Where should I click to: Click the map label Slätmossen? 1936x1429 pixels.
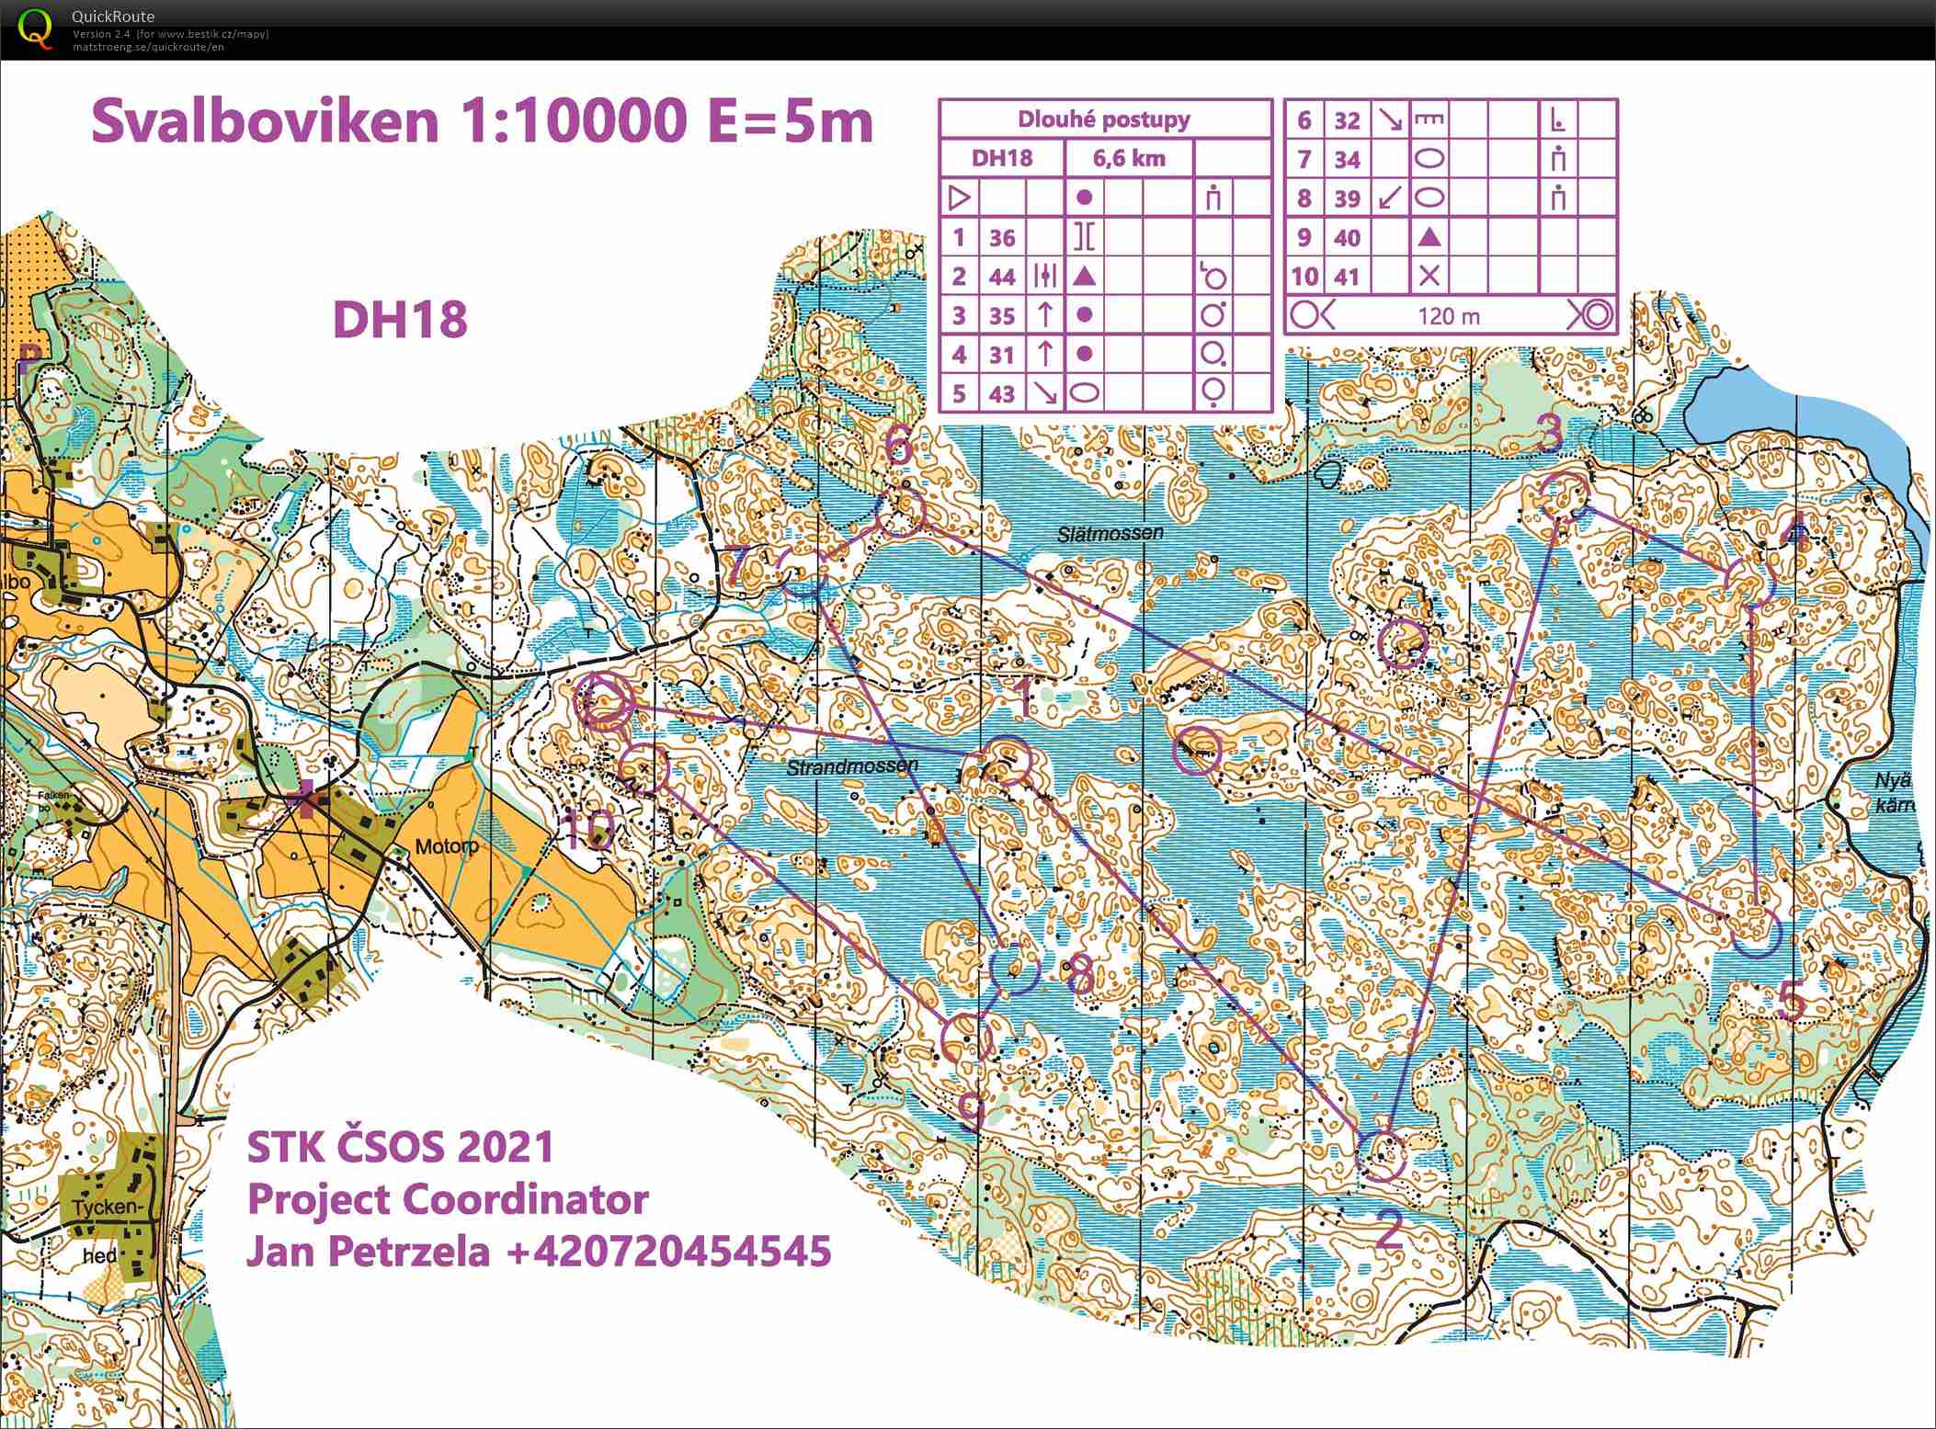1110,533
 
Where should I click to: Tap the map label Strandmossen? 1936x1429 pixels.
852,766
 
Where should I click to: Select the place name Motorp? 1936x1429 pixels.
447,845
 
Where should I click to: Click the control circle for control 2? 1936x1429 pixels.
1381,1155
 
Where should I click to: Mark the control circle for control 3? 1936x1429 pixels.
1563,495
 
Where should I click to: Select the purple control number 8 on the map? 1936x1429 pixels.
1081,974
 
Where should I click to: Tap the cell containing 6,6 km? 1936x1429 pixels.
1129,158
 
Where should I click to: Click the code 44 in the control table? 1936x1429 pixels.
1001,276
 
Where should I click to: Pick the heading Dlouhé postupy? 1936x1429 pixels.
1103,119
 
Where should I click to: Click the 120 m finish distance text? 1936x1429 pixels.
1449,316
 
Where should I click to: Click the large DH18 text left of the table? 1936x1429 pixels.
400,320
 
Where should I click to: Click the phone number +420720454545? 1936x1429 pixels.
667,1251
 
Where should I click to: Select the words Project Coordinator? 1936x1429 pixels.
448,1198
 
